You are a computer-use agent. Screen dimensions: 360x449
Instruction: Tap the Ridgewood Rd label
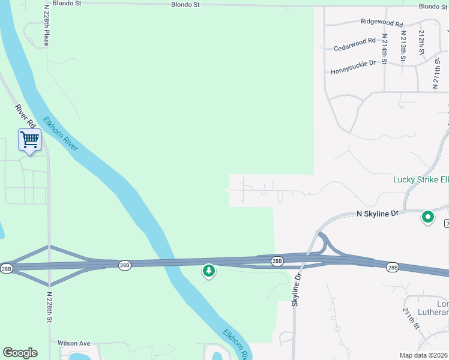click(382, 22)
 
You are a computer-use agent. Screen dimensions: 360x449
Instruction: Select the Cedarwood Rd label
click(355, 44)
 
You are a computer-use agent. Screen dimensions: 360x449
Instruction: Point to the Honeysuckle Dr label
click(353, 67)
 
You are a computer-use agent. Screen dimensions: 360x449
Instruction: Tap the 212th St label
click(422, 43)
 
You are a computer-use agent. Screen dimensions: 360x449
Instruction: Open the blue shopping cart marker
click(29, 140)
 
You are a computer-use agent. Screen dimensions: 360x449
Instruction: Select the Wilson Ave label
click(74, 343)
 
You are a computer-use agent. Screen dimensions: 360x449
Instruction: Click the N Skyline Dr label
click(378, 214)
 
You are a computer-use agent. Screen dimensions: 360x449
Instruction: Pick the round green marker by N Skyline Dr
click(428, 217)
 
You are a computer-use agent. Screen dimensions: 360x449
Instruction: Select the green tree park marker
click(209, 271)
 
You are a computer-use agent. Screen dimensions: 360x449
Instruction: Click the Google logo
click(20, 353)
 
